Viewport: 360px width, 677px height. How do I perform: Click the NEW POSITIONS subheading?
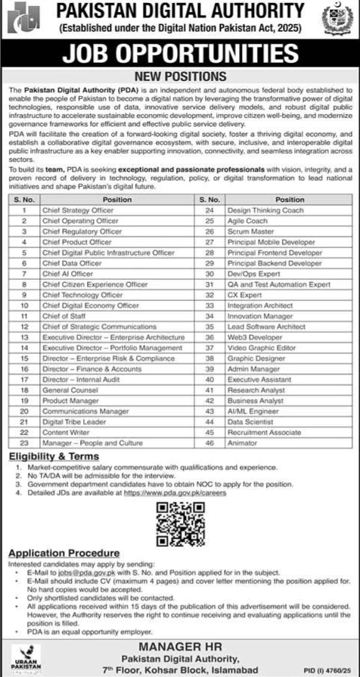(x=180, y=77)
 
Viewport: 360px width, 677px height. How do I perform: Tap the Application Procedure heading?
(x=64, y=554)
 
